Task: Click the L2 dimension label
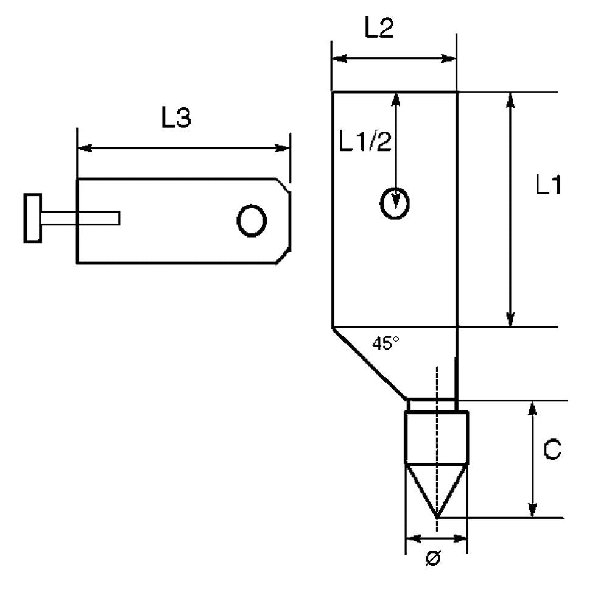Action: point(379,27)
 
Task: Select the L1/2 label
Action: point(365,141)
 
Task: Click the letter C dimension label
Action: point(552,449)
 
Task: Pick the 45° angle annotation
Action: point(385,342)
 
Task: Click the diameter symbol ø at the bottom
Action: point(434,558)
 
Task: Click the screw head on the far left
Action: point(33,218)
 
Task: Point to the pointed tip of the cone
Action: point(437,517)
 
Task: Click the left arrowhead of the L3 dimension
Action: point(85,148)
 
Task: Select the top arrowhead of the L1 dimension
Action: point(511,100)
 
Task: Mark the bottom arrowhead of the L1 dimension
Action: point(511,319)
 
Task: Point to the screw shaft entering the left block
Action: point(80,218)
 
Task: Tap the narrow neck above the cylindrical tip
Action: point(432,405)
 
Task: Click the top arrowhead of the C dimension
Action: point(532,409)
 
